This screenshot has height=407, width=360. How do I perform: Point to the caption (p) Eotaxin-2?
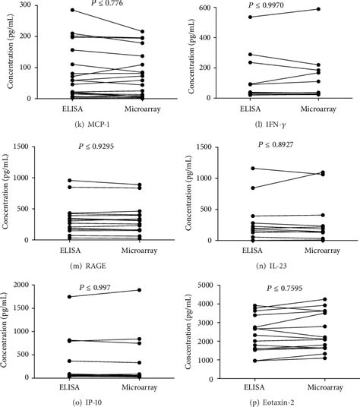(273, 400)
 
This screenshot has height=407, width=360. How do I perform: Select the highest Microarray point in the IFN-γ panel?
(317, 9)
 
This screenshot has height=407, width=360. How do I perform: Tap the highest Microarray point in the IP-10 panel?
(139, 290)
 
